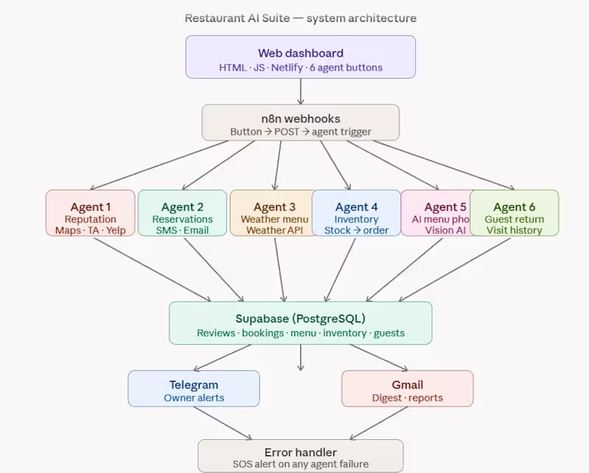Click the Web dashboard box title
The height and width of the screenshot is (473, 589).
coord(300,53)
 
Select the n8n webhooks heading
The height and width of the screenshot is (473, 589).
coord(300,118)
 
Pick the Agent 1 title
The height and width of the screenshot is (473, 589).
coord(91,207)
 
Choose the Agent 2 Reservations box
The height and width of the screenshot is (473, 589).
coord(183,213)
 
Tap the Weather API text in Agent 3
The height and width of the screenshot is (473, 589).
coord(275,230)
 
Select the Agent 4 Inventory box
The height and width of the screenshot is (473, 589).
coord(356,213)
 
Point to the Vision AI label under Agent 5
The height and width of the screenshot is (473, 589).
coord(445,230)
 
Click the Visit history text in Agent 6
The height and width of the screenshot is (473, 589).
coord(514,230)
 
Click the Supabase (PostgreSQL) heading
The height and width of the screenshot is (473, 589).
coord(300,319)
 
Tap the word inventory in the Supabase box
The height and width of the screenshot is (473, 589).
coord(344,333)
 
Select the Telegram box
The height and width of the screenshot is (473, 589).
coord(194,388)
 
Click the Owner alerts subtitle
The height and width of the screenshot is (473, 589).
coord(194,398)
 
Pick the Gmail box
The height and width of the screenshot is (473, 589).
coord(407,388)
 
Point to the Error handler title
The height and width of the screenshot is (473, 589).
coord(300,452)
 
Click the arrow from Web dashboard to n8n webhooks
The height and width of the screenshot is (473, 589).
coord(300,91)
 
